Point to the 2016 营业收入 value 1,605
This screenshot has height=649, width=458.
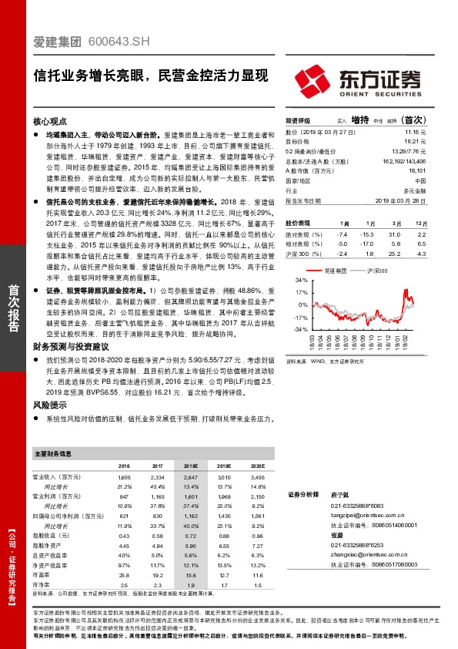[x=124, y=478]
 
